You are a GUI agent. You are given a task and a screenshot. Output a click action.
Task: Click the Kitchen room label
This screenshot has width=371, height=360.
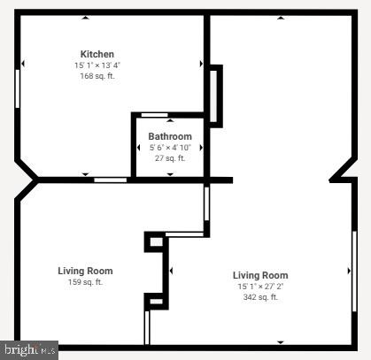point(97,54)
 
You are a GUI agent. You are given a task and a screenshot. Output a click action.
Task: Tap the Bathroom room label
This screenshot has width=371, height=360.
point(169,136)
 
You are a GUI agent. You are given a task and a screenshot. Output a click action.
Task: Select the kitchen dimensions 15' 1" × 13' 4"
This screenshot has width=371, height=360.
point(97,65)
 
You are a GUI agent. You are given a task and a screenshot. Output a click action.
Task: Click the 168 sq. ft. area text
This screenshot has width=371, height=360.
point(97,76)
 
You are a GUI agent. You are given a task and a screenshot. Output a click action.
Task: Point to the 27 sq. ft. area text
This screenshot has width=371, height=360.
point(169,158)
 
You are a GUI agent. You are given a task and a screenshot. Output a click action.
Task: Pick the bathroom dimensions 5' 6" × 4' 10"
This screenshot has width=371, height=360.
point(169,148)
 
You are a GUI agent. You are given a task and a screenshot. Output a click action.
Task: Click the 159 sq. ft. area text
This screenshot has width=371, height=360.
point(85,282)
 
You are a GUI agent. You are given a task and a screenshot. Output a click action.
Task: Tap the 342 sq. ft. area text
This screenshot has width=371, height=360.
point(260,297)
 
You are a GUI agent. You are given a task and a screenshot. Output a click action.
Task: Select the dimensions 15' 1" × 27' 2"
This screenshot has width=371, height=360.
point(260,287)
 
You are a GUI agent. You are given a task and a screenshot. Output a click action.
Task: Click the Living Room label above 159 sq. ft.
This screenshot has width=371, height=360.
point(85,271)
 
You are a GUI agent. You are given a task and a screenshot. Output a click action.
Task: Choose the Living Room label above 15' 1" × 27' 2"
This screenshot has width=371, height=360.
point(260,275)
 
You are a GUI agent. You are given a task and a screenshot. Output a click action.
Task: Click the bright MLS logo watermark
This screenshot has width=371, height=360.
point(29,350)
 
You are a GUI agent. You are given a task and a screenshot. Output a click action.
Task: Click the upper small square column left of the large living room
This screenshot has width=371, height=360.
point(156,240)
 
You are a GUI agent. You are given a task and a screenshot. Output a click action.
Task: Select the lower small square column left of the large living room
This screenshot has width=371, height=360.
point(156,302)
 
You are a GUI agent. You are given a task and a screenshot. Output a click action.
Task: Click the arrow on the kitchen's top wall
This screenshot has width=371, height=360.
point(85,18)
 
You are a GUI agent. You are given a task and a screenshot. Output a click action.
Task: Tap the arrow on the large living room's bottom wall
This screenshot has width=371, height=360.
point(281,342)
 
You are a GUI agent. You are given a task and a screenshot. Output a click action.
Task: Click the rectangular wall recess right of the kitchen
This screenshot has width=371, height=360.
point(215,95)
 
